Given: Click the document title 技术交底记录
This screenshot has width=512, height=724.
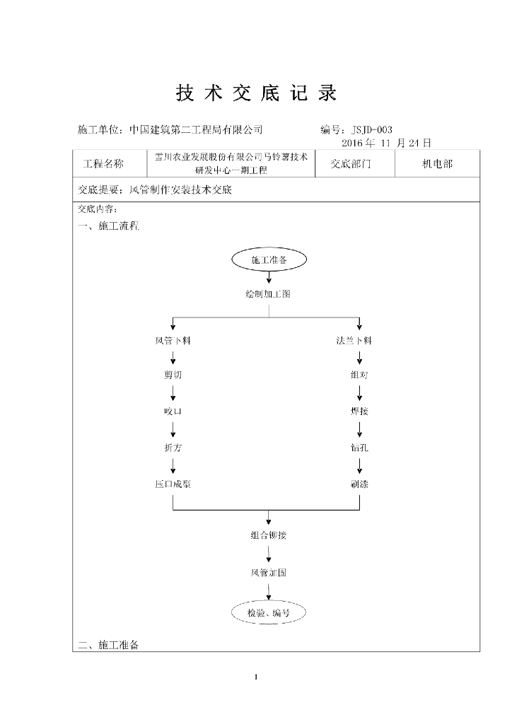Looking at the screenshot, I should pyautogui.click(x=256, y=93).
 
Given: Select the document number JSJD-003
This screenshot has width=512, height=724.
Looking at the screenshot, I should pyautogui.click(x=371, y=129).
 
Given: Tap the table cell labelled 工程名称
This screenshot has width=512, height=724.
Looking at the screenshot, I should pyautogui.click(x=103, y=164).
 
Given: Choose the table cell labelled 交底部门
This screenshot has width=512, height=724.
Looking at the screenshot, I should pyautogui.click(x=351, y=164).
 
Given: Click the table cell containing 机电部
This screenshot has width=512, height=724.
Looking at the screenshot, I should pyautogui.click(x=437, y=164).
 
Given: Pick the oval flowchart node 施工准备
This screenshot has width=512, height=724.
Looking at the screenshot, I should pyautogui.click(x=269, y=260).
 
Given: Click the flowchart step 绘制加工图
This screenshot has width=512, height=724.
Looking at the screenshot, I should pyautogui.click(x=268, y=294).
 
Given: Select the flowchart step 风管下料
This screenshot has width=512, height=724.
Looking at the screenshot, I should pyautogui.click(x=173, y=341).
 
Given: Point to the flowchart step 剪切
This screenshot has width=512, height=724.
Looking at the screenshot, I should pyautogui.click(x=173, y=375).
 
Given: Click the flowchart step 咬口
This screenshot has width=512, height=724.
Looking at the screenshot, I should pyautogui.click(x=173, y=411).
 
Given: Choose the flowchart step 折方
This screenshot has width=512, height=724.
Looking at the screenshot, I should pyautogui.click(x=173, y=448).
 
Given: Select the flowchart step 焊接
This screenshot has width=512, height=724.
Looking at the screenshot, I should pyautogui.click(x=359, y=411).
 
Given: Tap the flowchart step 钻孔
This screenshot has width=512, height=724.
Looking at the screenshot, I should pyautogui.click(x=359, y=448).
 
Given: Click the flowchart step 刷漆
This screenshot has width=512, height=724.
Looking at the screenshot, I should pyautogui.click(x=359, y=485).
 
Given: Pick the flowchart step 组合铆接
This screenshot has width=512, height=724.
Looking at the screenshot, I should pyautogui.click(x=269, y=535).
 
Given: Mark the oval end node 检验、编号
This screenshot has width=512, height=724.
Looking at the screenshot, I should pyautogui.click(x=269, y=613).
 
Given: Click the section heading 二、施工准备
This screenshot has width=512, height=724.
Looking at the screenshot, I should pyautogui.click(x=110, y=646).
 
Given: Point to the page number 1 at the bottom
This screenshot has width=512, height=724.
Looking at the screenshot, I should pyautogui.click(x=256, y=678).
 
